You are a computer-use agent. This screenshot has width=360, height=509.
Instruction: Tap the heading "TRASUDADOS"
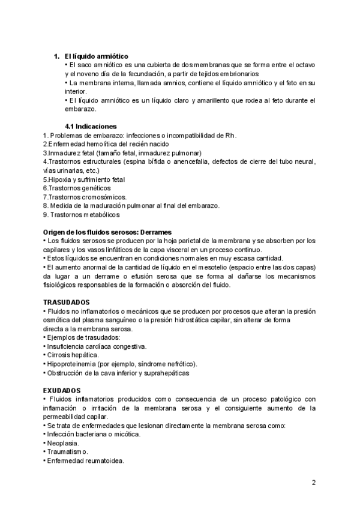tap(67, 303)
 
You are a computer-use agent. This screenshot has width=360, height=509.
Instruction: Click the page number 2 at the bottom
tap(314, 482)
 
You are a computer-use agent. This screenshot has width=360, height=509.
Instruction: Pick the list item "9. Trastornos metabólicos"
tap(82, 214)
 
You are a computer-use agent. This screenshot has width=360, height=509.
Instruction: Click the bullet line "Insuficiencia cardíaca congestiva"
tap(97, 346)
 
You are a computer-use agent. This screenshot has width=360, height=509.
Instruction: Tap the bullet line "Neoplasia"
tap(62, 443)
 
